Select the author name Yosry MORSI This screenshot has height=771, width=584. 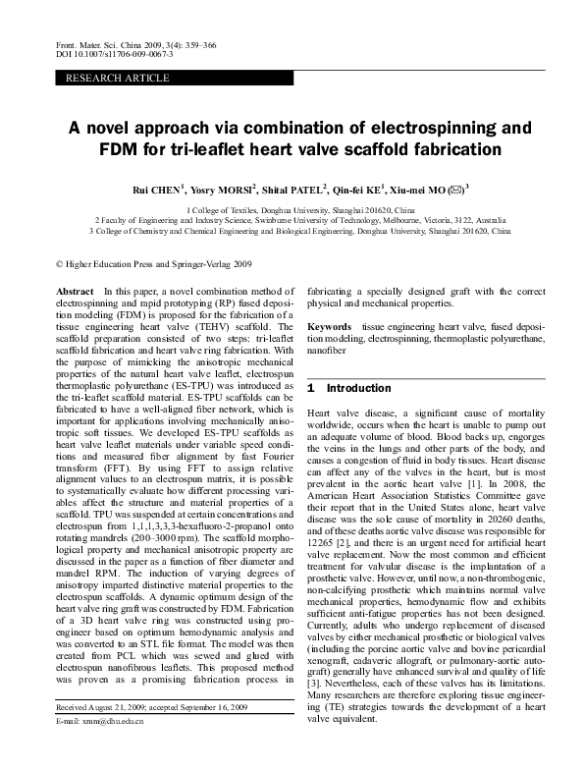pyautogui.click(x=225, y=189)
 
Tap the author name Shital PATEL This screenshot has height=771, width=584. pyautogui.click(x=294, y=189)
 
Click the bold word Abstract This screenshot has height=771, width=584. pyautogui.click(x=76, y=292)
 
